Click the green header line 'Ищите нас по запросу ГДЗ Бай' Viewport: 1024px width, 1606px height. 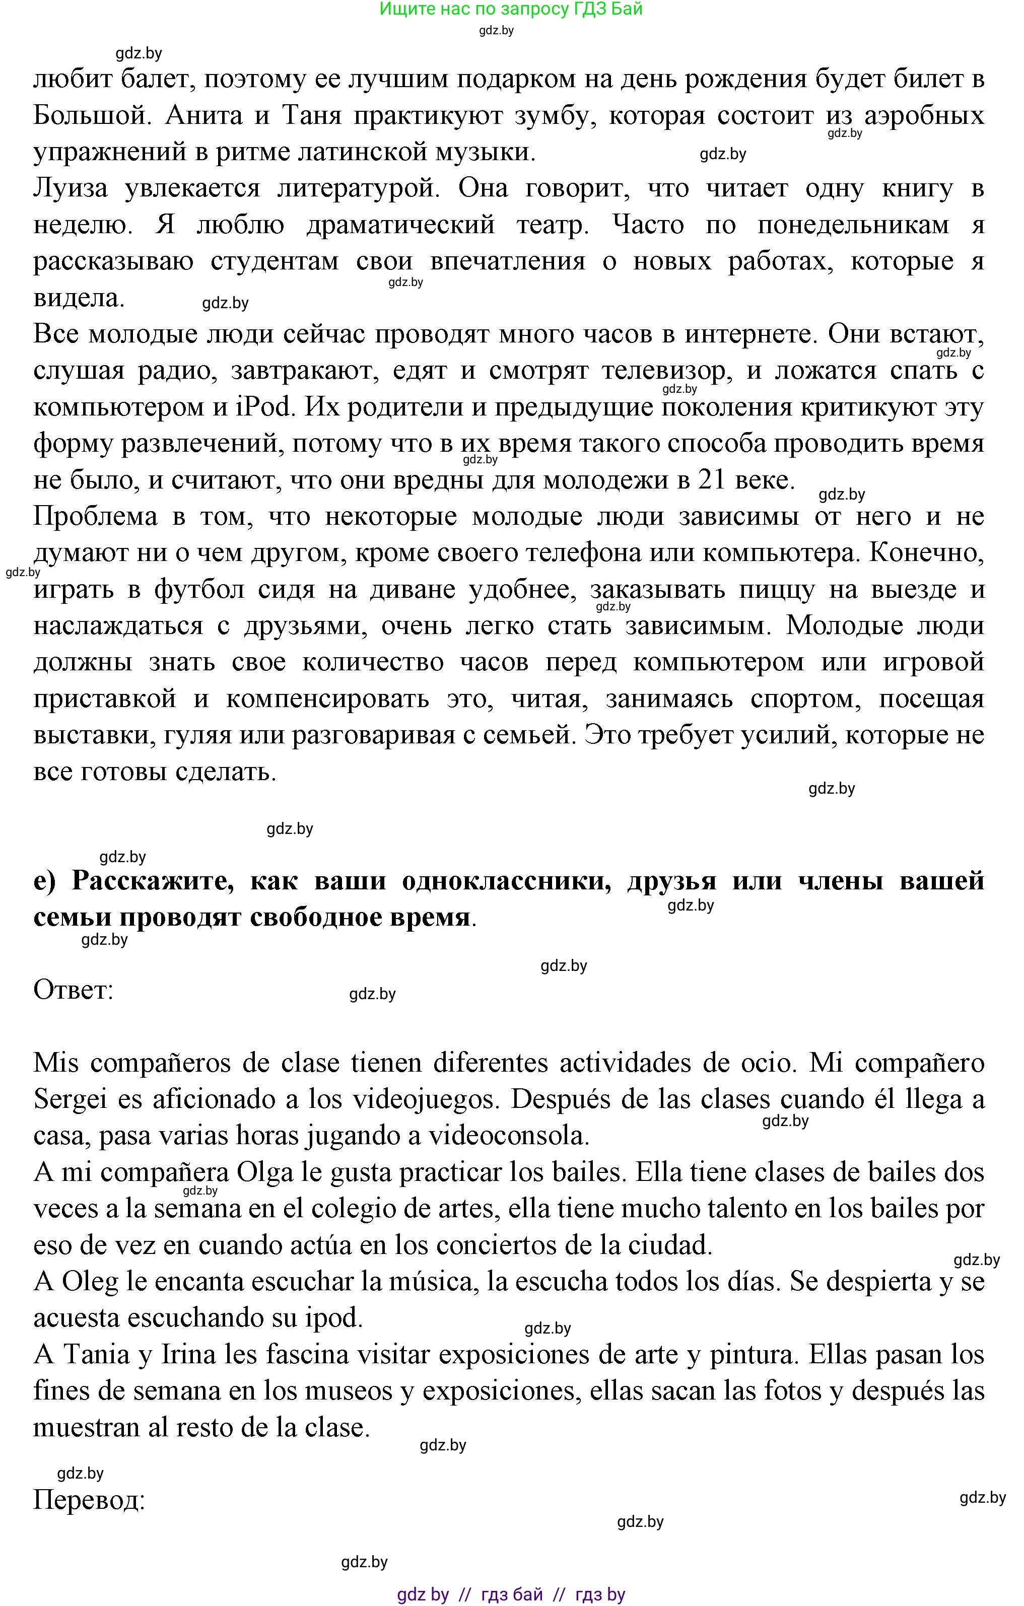(511, 10)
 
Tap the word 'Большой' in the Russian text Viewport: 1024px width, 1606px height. (89, 116)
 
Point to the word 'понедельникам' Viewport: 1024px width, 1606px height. (853, 225)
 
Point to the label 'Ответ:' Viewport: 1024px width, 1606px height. (74, 990)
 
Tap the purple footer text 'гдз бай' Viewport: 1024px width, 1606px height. (512, 1594)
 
